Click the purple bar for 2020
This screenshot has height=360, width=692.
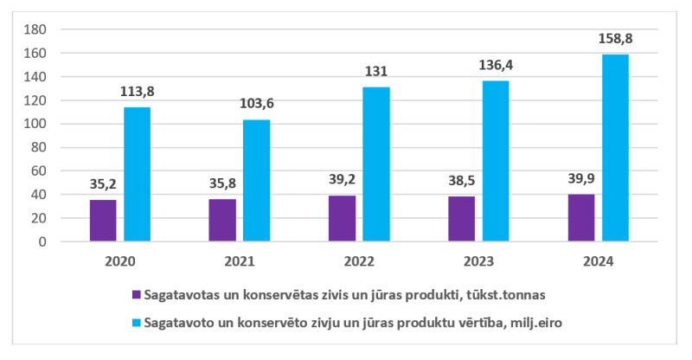point(103,221)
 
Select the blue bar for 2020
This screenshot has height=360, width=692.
point(137,174)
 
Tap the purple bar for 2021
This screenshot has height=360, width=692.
point(222,220)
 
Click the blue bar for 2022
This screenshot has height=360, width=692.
point(376,164)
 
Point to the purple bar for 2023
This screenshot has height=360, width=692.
point(462,219)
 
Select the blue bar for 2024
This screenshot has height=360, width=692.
point(615,148)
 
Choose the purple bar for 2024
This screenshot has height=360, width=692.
point(581,218)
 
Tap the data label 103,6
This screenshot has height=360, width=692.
point(256,104)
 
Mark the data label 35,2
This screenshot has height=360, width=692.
point(103,184)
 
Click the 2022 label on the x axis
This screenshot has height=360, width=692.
point(359,260)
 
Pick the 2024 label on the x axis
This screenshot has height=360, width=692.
point(599,260)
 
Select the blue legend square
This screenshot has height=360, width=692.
point(136,322)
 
